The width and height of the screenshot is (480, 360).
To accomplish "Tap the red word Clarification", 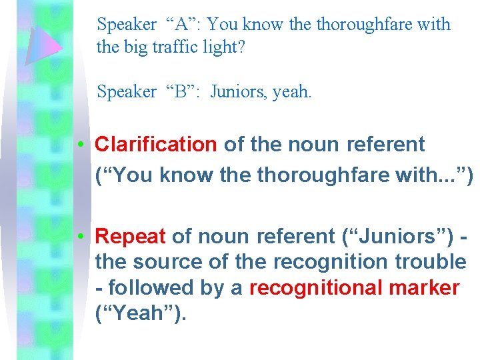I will (x=156, y=144).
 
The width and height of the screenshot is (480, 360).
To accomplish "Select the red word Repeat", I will (x=131, y=236).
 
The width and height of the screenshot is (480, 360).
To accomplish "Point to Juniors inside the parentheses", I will (x=389, y=236).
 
